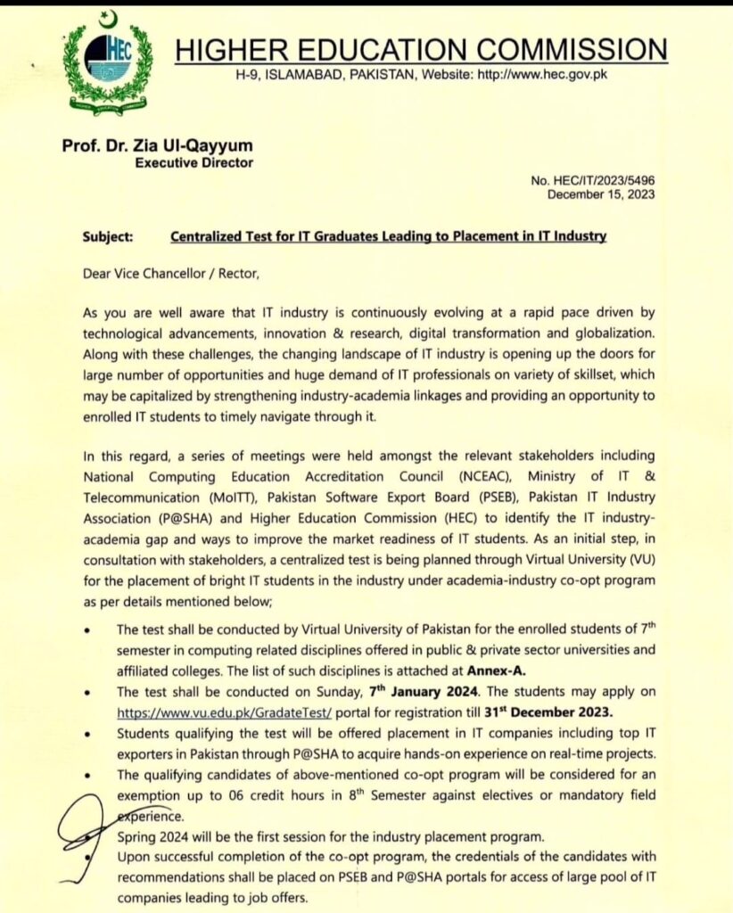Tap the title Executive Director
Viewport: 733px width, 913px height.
click(x=194, y=162)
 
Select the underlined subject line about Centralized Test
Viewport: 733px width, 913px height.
click(x=388, y=237)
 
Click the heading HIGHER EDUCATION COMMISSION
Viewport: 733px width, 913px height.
click(x=420, y=49)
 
